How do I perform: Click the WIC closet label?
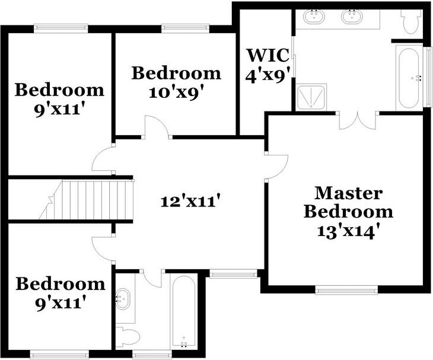click(x=268, y=55)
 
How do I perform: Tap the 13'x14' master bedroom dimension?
click(x=347, y=232)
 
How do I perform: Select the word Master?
click(x=349, y=193)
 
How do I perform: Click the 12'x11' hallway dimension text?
click(x=191, y=201)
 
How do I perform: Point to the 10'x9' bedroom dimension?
click(x=178, y=93)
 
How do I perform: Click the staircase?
click(x=85, y=200)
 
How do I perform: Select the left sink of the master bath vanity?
click(x=314, y=16)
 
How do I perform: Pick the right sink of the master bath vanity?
click(x=352, y=16)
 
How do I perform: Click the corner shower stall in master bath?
click(x=311, y=98)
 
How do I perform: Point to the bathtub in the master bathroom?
click(x=409, y=78)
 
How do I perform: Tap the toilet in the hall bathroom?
click(x=128, y=337)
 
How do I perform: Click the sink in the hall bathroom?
click(x=123, y=299)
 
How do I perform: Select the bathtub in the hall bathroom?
click(x=184, y=311)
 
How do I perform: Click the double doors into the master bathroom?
click(x=358, y=121)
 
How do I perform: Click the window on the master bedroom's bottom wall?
click(x=346, y=290)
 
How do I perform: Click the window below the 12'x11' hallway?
click(x=233, y=274)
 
